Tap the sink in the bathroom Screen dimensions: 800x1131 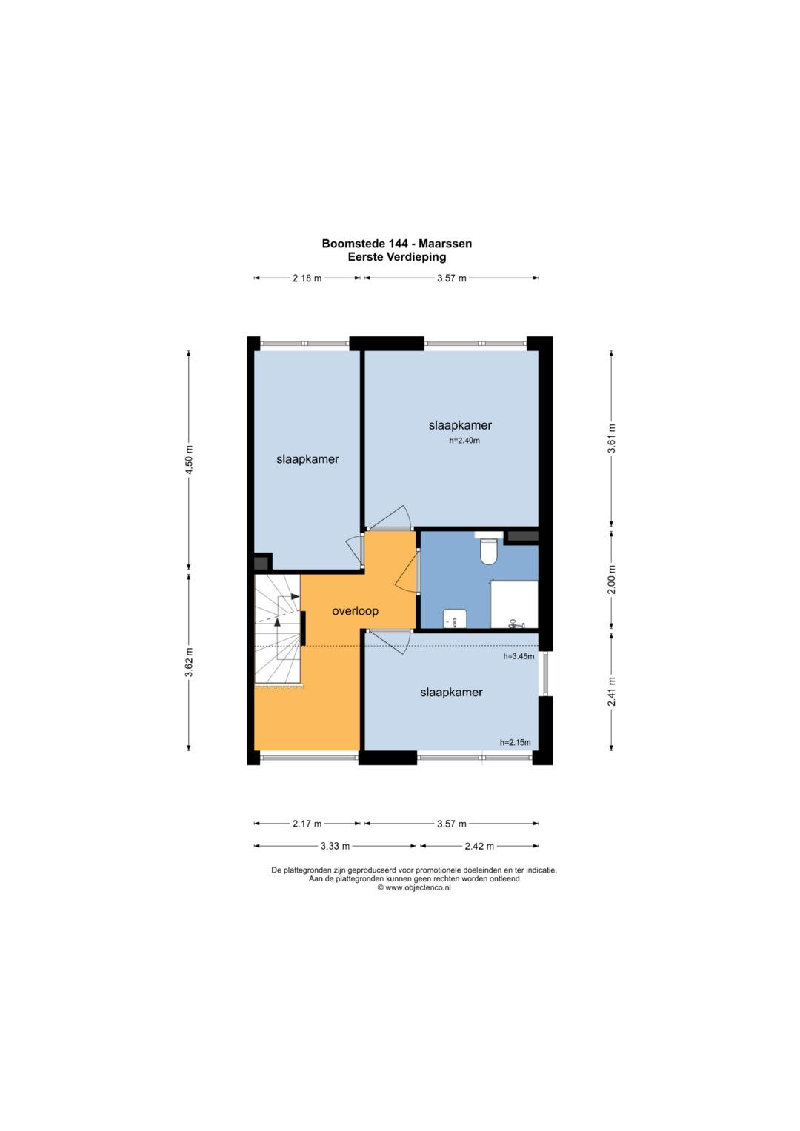454,618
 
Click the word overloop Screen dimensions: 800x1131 355,611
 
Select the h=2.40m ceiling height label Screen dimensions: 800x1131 464,440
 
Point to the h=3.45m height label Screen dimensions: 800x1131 519,656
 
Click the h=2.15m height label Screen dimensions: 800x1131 515,742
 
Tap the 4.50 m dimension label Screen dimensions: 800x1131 189,459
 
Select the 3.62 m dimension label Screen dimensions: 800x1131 189,662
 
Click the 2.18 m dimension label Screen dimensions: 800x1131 307,278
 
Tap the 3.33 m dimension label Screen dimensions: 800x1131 336,846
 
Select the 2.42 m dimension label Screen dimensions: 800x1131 479,846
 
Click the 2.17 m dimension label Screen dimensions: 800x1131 307,824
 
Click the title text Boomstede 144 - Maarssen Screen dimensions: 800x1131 397,244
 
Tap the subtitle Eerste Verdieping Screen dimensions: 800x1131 397,256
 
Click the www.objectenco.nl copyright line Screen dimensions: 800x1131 414,887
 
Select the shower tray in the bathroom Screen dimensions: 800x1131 513,604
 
